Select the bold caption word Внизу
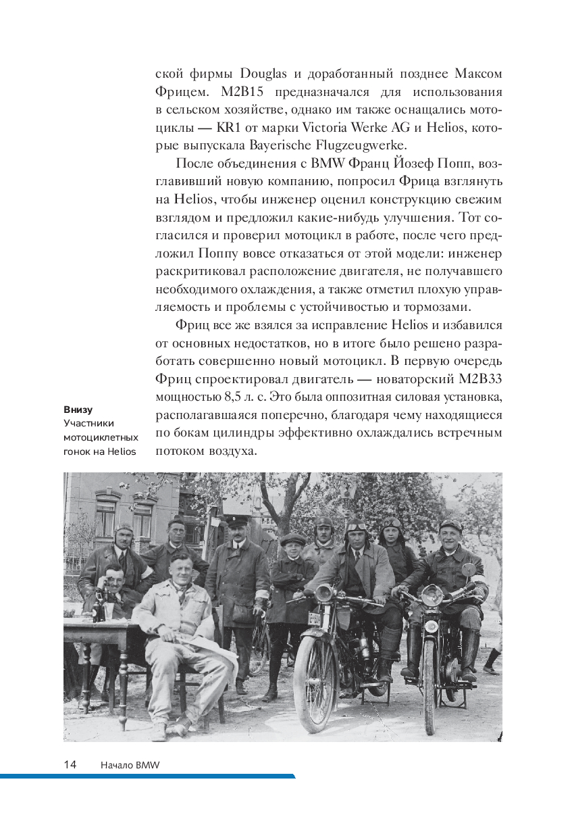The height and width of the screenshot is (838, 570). [78, 410]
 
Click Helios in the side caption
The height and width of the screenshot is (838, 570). [121, 451]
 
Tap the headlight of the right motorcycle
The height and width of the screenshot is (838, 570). [432, 595]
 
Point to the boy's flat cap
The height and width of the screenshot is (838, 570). [292, 539]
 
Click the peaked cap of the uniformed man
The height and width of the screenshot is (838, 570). [238, 520]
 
